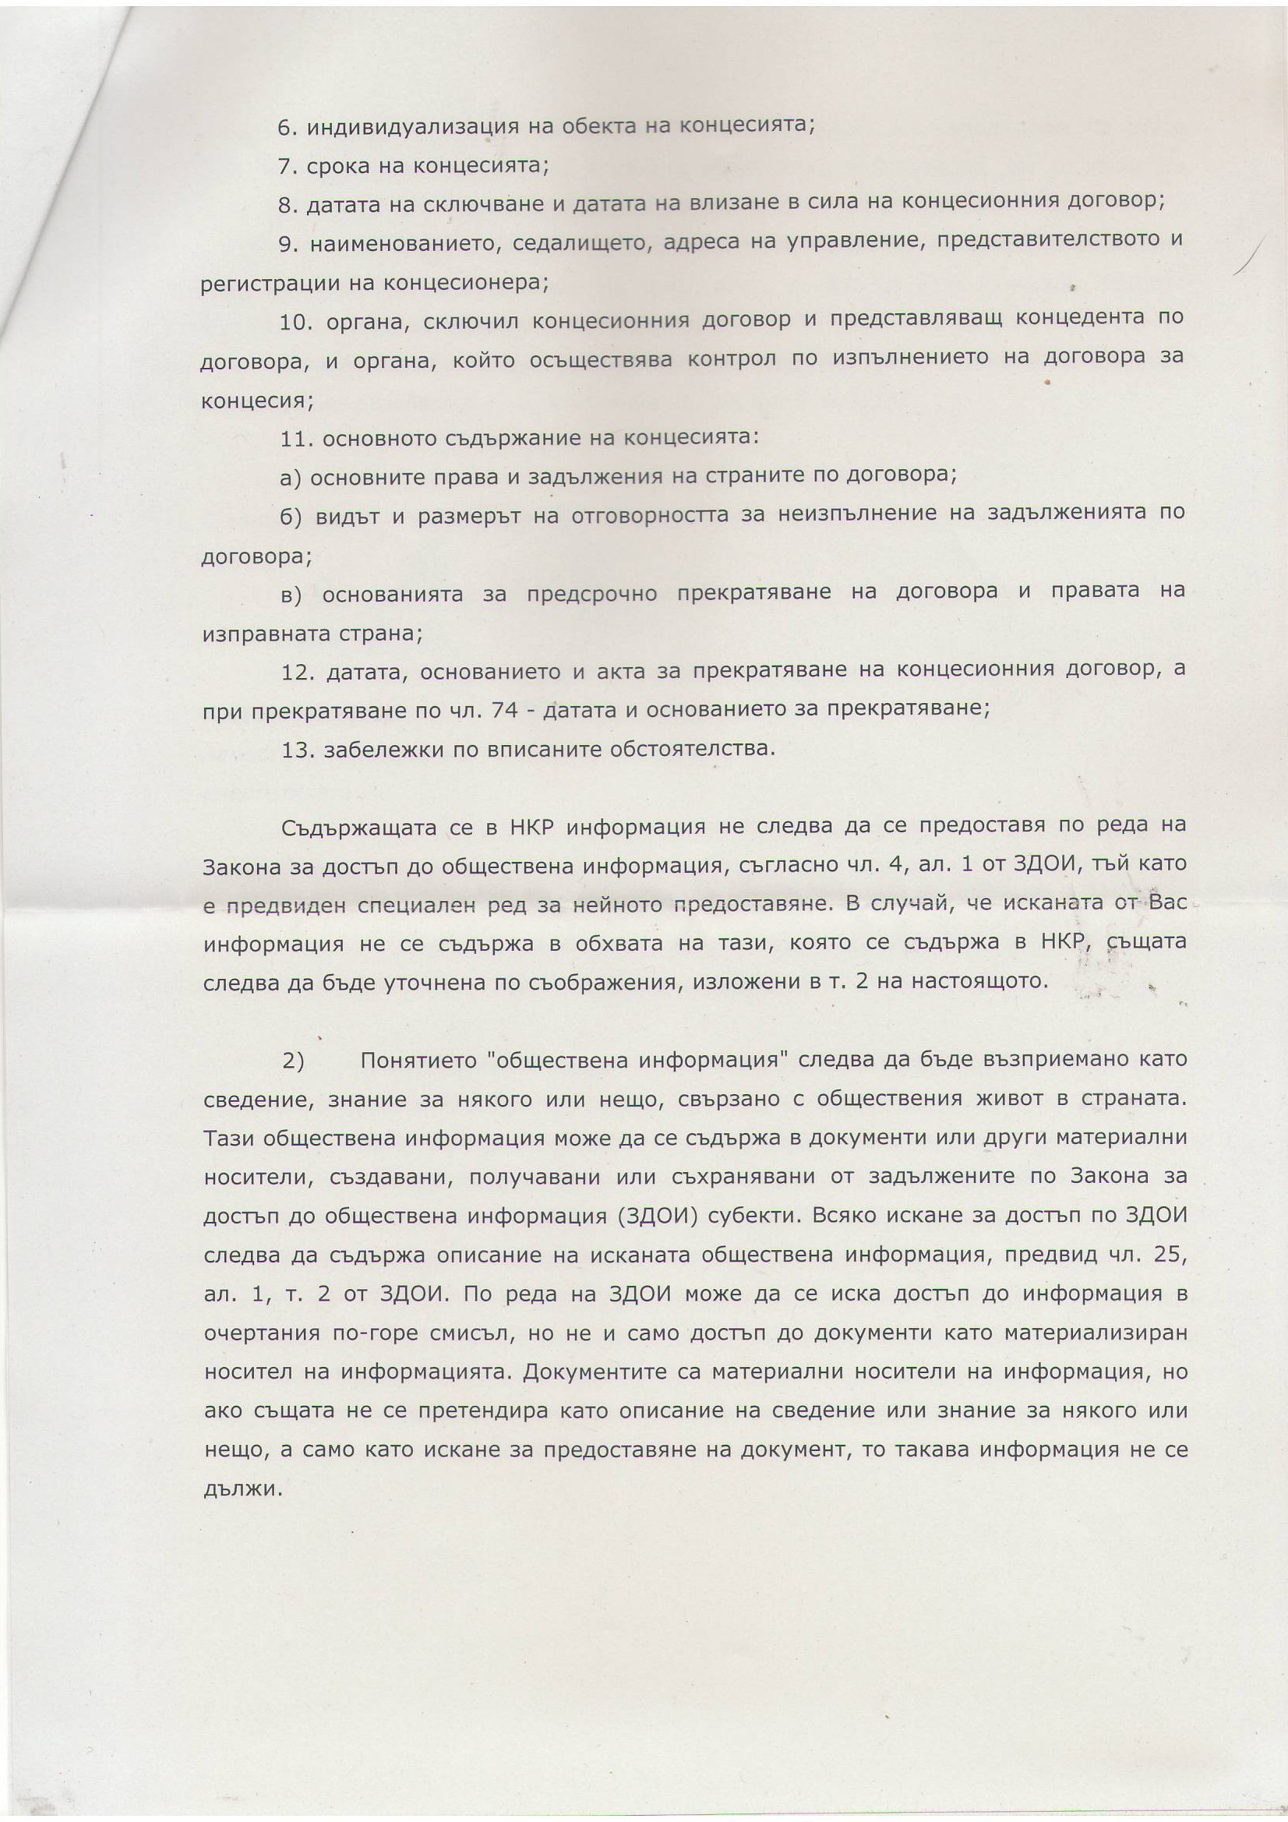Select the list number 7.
[286, 167]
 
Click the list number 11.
[296, 437]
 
